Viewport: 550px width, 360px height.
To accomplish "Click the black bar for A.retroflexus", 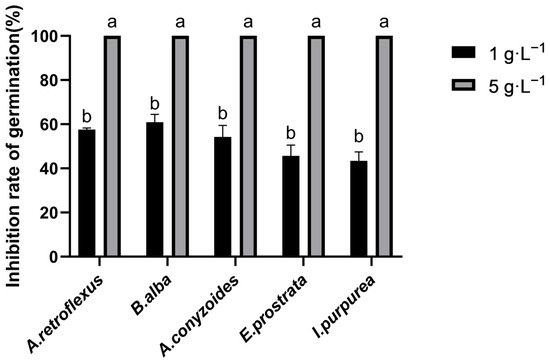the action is (x=87, y=193).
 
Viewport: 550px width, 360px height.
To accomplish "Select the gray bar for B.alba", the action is (x=180, y=146).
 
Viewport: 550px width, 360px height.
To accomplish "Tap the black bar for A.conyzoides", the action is (x=223, y=196).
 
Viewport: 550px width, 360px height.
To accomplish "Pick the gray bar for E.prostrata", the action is (x=316, y=146).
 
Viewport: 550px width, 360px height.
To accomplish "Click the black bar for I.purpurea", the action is (x=359, y=208).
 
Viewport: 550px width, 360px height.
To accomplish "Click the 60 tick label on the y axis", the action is (x=48, y=124).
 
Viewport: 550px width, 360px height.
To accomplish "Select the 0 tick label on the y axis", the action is (x=53, y=257).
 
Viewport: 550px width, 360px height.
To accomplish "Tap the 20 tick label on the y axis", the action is (x=48, y=213).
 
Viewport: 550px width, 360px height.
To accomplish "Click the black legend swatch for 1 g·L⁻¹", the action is (x=464, y=52).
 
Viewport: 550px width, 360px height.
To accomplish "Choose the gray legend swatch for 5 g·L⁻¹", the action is (x=464, y=85).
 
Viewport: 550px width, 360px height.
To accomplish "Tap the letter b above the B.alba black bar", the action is (x=155, y=104).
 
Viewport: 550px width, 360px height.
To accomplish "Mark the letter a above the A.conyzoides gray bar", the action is (x=248, y=22).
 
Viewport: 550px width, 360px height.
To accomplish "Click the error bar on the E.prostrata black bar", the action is (x=291, y=151).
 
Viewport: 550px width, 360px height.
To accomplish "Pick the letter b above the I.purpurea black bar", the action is (x=359, y=137).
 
